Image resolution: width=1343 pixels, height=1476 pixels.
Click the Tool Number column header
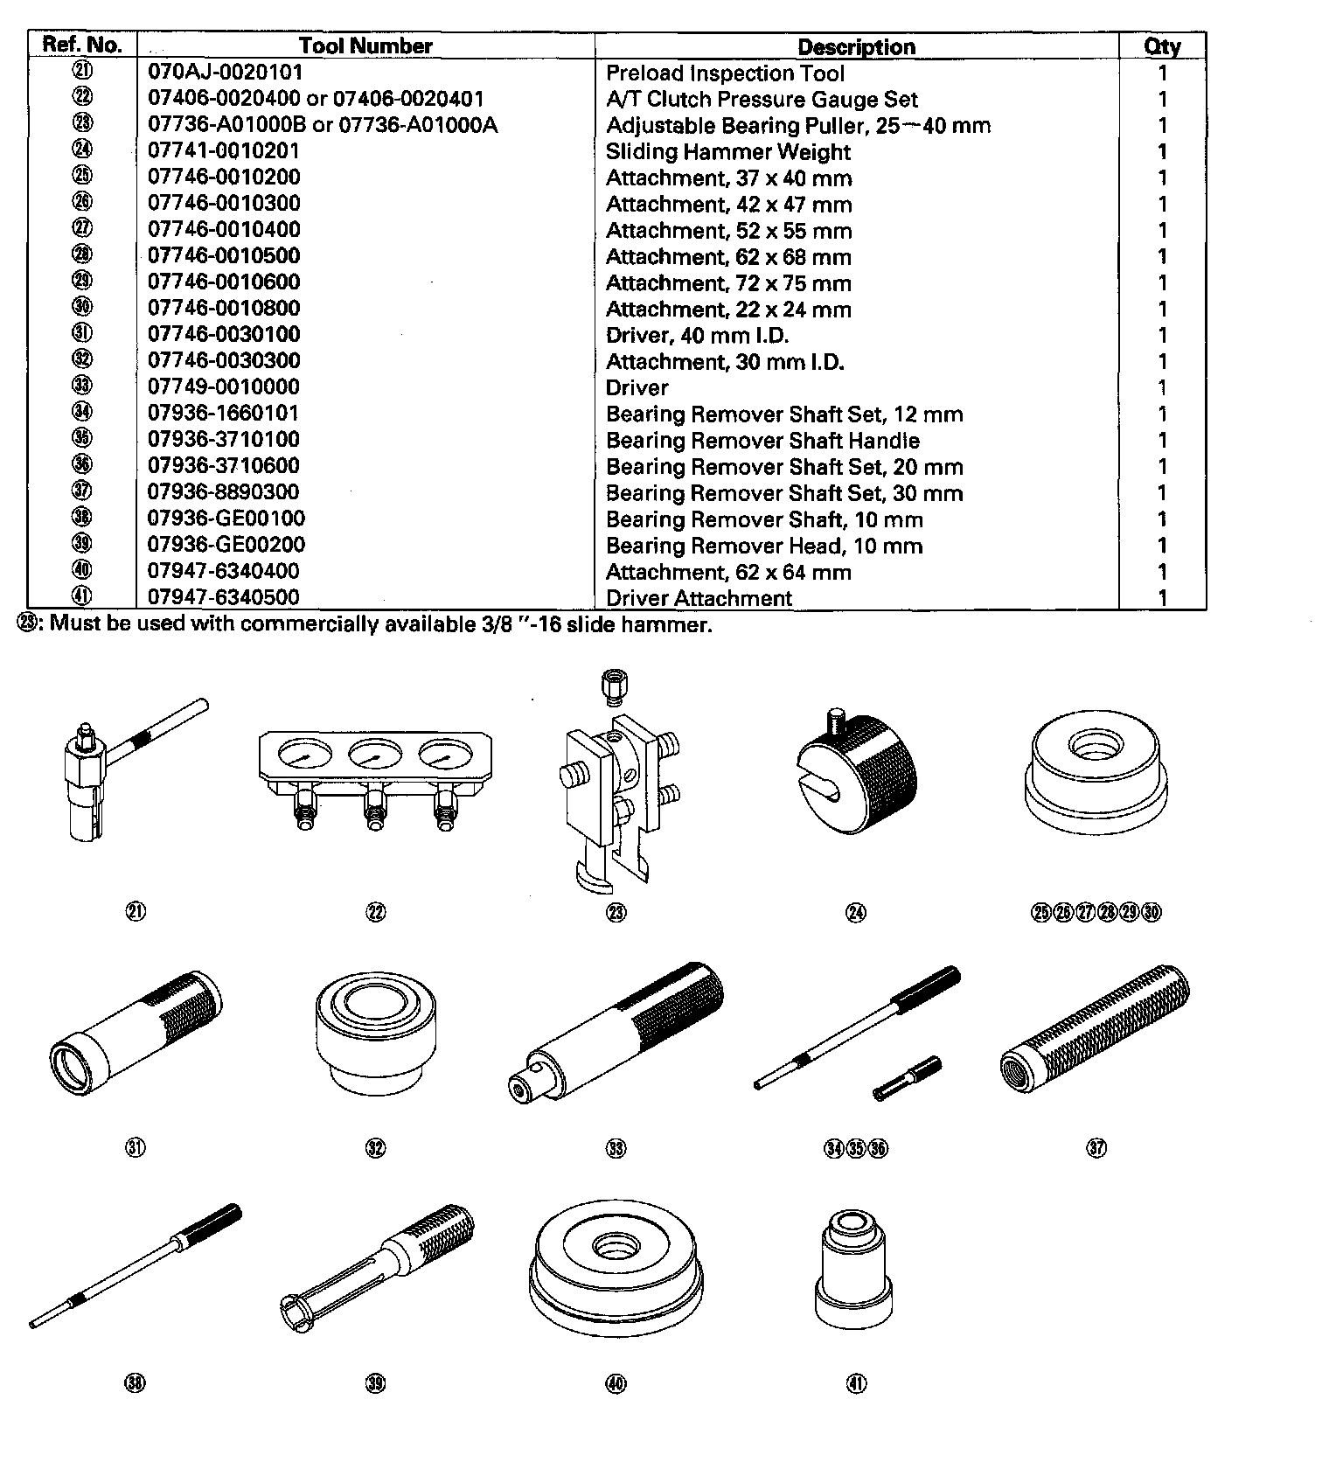point(365,45)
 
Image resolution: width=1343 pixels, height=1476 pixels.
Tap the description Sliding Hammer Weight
point(727,151)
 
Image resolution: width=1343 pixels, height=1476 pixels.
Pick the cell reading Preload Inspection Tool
point(725,73)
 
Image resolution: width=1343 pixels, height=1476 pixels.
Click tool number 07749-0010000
point(223,386)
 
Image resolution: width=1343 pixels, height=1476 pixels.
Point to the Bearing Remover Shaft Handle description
point(762,440)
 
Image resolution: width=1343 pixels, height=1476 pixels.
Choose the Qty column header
point(1162,46)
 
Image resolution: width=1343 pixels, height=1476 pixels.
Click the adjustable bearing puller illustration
point(615,787)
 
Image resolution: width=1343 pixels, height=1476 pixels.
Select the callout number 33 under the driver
point(616,1148)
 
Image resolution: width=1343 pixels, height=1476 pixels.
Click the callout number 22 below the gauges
point(376,912)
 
